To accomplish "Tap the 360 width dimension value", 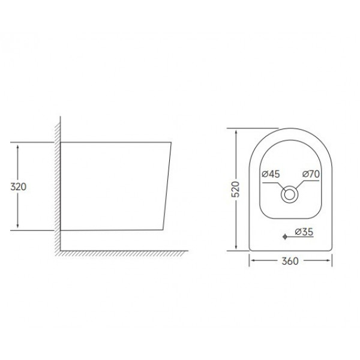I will click(290, 261).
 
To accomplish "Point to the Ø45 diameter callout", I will click(272, 174).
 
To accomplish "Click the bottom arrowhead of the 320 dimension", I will click(20, 227).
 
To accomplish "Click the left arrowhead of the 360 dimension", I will click(252, 261).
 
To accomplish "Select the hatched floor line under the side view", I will click(120, 253).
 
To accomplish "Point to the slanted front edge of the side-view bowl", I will click(167, 186).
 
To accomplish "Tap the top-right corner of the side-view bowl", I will click(172, 143).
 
